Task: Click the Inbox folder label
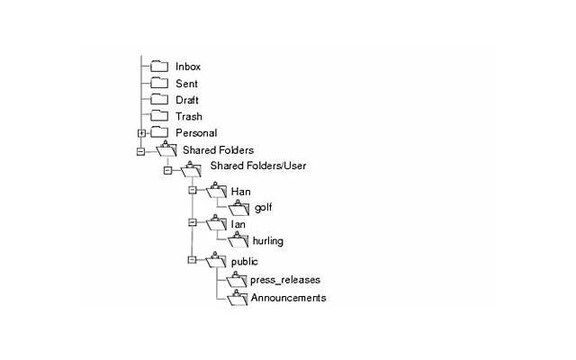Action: tap(187, 67)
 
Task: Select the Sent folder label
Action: tap(186, 83)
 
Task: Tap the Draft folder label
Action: tap(187, 99)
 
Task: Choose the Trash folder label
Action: tap(188, 116)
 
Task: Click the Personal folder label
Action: tap(195, 133)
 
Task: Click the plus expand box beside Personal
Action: tap(141, 133)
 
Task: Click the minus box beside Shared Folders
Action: tap(141, 151)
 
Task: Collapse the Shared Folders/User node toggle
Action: tap(167, 169)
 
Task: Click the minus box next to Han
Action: tap(192, 190)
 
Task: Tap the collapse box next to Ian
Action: tap(192, 221)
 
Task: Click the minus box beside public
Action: tap(192, 260)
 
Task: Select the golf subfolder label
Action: tap(263, 208)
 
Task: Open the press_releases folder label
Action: tap(284, 280)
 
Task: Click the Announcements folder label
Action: tap(288, 298)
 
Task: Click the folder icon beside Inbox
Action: tap(159, 67)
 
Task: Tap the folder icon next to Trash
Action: tap(159, 116)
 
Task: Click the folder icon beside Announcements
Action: tap(237, 298)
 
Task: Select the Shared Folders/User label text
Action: tap(251, 167)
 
